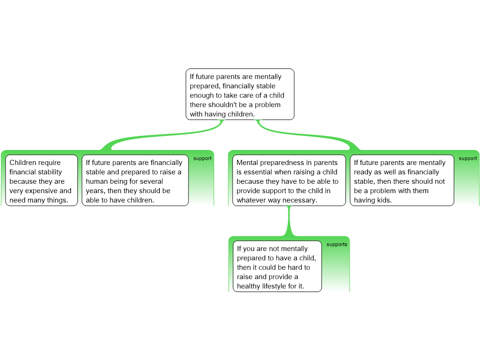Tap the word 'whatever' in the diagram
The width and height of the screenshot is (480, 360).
point(248,200)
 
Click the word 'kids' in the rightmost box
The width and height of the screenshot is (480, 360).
point(384,200)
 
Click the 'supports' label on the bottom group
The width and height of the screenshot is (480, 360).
point(337,244)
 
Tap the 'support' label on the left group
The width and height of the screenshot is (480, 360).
point(202,158)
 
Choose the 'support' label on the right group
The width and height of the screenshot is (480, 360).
point(468,158)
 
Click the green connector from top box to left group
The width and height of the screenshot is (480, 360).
point(165,135)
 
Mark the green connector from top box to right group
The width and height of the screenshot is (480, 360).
point(306,134)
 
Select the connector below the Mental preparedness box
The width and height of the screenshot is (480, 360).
point(289,221)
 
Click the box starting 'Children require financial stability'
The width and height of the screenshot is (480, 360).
point(42,180)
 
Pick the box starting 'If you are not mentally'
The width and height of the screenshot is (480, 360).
point(277,266)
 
